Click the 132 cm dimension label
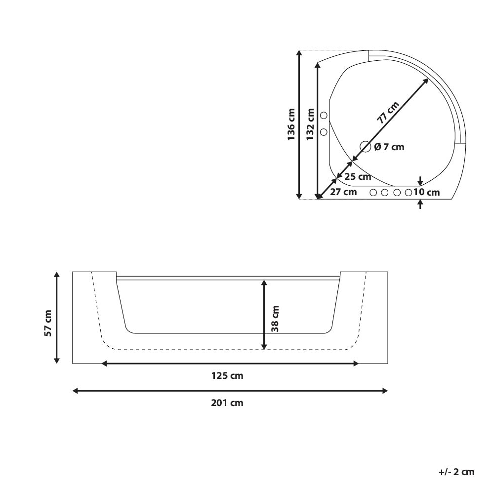[x=310, y=124]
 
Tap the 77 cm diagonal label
[x=388, y=112]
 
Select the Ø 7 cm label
[x=389, y=147]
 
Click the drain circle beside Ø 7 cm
[x=365, y=146]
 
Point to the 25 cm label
[x=358, y=176]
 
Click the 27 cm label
[x=343, y=192]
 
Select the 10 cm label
[x=427, y=192]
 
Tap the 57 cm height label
[x=48, y=323]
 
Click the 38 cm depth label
[x=275, y=319]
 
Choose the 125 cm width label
[x=227, y=376]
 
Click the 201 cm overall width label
[x=227, y=403]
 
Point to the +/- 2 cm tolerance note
[x=456, y=472]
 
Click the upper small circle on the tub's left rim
[x=324, y=116]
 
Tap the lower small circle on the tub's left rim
[x=324, y=132]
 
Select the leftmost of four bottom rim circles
[x=373, y=192]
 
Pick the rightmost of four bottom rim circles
[x=409, y=192]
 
